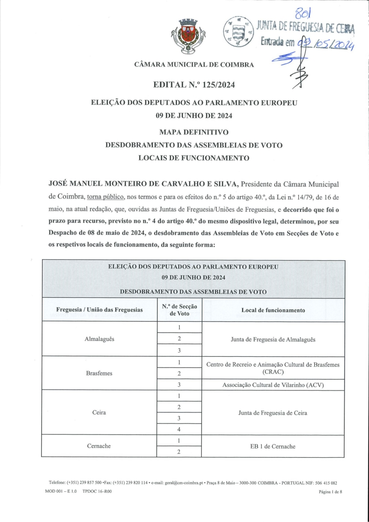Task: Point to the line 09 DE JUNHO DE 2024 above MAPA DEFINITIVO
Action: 194,116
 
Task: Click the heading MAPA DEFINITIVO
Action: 194,132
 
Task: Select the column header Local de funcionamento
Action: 273,310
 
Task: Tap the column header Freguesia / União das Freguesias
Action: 99,310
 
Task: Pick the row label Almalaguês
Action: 99,339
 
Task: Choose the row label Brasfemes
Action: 99,373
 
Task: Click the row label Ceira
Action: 99,413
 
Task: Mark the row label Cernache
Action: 99,446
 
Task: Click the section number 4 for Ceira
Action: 179,429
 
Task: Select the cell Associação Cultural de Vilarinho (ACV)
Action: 273,385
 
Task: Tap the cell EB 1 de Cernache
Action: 273,446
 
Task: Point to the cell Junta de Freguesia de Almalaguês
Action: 273,339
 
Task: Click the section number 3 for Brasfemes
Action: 179,385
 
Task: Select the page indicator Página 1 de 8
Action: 330,492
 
